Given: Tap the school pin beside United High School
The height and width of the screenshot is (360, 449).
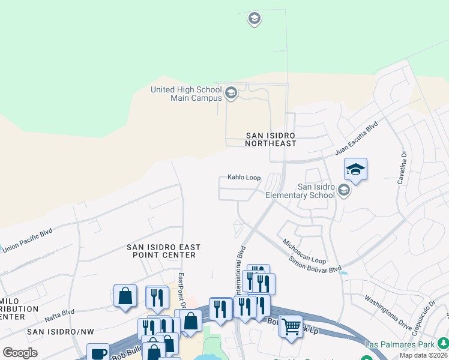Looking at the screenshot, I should click(x=231, y=93).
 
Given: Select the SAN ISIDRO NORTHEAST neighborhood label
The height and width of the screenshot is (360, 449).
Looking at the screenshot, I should click(x=271, y=139).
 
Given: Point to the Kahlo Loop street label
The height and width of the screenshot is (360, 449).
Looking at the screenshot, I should click(x=244, y=178).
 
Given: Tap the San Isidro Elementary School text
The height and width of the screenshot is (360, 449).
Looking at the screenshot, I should click(x=300, y=191).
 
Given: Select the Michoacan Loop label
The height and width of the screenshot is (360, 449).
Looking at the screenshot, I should click(x=304, y=251).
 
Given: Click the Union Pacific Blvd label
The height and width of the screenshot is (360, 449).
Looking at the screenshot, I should click(x=27, y=239).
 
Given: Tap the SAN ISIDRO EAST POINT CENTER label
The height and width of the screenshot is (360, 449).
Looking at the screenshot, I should click(x=163, y=251).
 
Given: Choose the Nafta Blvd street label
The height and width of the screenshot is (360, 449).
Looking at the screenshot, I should click(x=59, y=312).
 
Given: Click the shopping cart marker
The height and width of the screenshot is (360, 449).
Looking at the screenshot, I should click(x=291, y=327).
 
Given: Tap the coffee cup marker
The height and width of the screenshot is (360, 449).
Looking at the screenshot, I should click(x=98, y=353).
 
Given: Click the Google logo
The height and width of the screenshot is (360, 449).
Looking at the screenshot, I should click(x=20, y=353).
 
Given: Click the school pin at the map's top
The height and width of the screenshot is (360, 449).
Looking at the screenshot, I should click(x=254, y=19).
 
